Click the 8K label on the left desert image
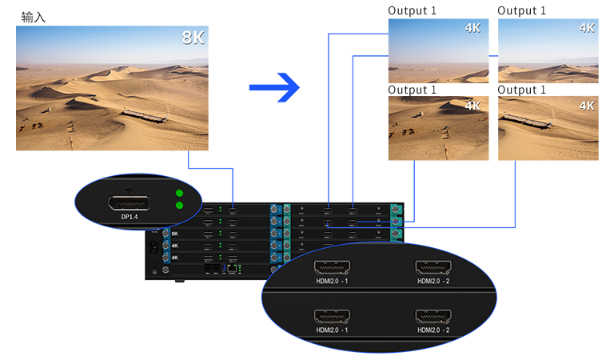pos(193,38)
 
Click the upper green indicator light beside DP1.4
pos(179,194)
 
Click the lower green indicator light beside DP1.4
pos(179,206)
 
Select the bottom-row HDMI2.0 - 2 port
pos(433,316)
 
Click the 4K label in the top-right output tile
pos(586,28)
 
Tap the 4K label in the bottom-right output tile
pos(586,106)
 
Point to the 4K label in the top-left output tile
pos(472,28)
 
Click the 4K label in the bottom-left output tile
pos(472,106)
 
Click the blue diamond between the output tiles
pos(493,56)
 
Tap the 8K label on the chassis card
pos(175,234)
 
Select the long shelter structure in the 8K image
pos(144,117)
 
